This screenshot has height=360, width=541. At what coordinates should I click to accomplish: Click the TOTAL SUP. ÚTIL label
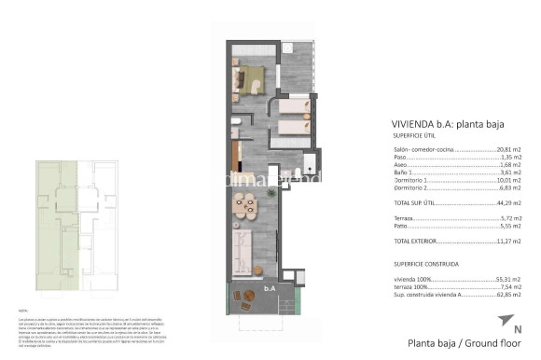415,202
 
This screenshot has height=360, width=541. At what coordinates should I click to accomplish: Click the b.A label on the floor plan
270,288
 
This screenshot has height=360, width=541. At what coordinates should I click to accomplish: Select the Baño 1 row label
404,173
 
